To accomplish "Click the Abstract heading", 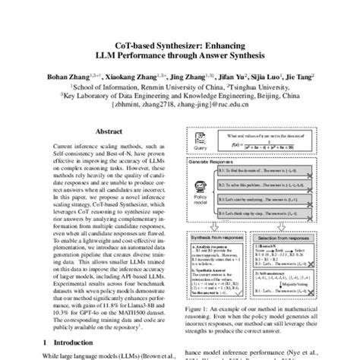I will click(x=95, y=130).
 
